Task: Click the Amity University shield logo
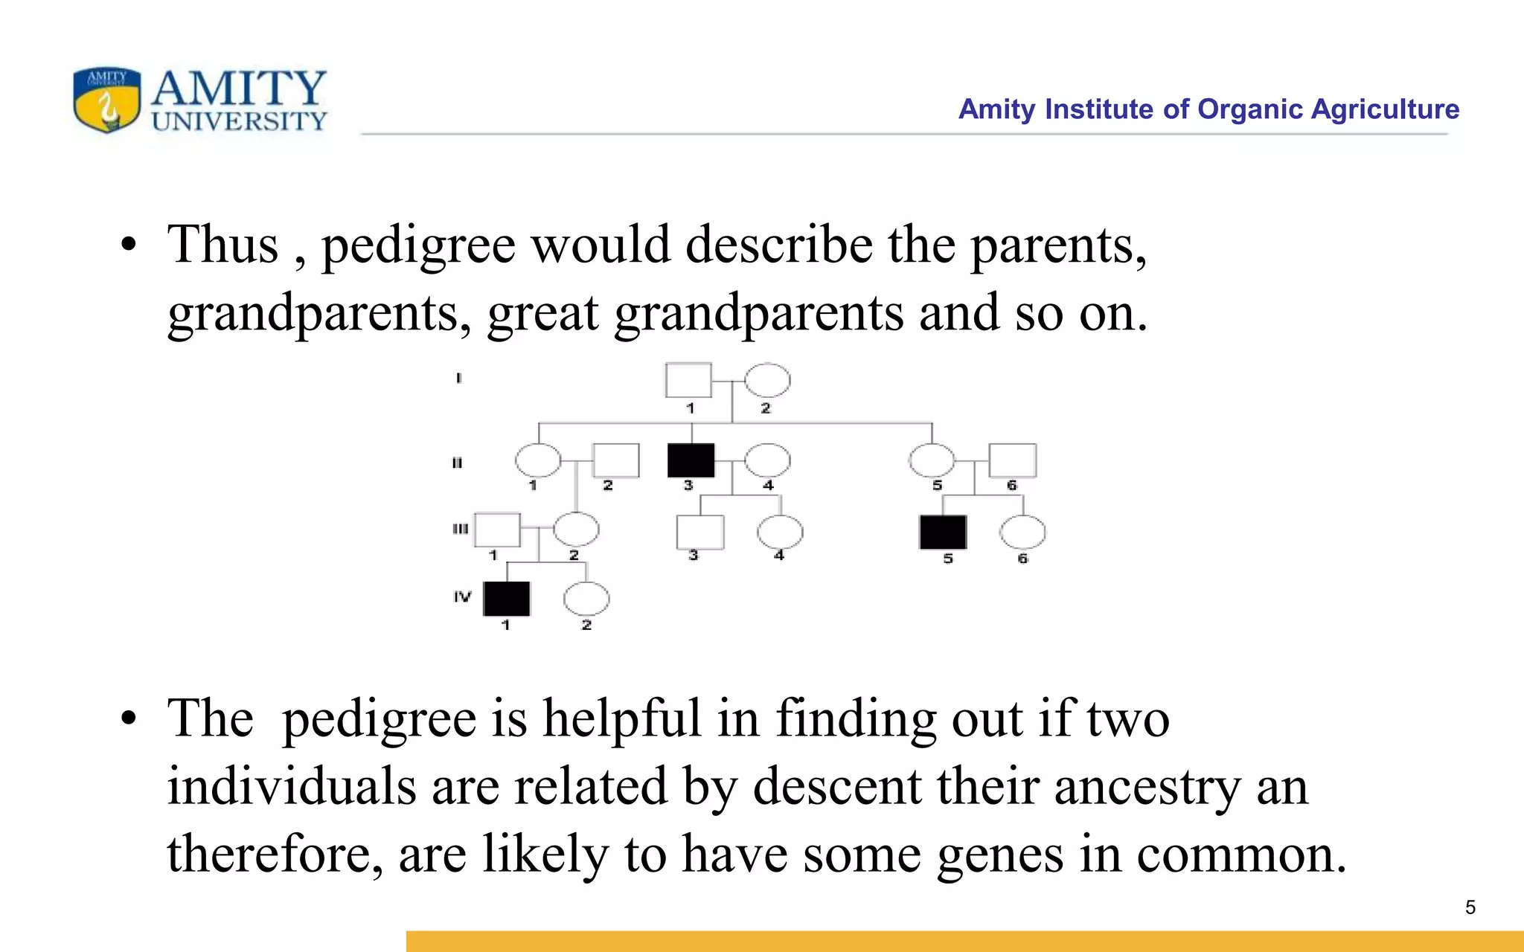pos(107,100)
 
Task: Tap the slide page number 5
pos(1470,907)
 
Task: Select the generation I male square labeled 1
pos(688,380)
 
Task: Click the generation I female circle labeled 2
pos(767,381)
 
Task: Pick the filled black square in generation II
pos(691,460)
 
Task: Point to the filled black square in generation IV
pos(507,599)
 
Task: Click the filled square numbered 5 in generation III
pos(943,532)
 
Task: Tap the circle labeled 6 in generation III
pos(1022,532)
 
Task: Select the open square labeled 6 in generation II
pos(1012,460)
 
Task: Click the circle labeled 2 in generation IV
pos(586,599)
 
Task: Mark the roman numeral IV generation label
pos(462,596)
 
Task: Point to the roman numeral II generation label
pos(457,463)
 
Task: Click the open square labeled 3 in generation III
pos(699,532)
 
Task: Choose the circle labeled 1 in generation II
pos(538,460)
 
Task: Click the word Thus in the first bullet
pos(222,245)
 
